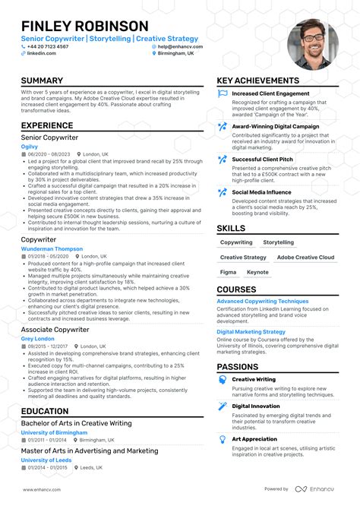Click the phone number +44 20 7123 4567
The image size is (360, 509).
48,46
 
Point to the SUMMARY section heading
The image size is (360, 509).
42,81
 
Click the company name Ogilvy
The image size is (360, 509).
30,146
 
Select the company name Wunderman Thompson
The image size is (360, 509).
52,248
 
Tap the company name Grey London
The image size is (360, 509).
37,338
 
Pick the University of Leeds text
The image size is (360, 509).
46,460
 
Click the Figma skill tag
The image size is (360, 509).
228,272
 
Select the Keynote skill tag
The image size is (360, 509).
257,272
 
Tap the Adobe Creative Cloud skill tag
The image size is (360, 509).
305,258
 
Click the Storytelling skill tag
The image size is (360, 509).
278,242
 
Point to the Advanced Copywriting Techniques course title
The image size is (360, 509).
262,302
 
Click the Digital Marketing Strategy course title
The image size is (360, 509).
251,332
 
